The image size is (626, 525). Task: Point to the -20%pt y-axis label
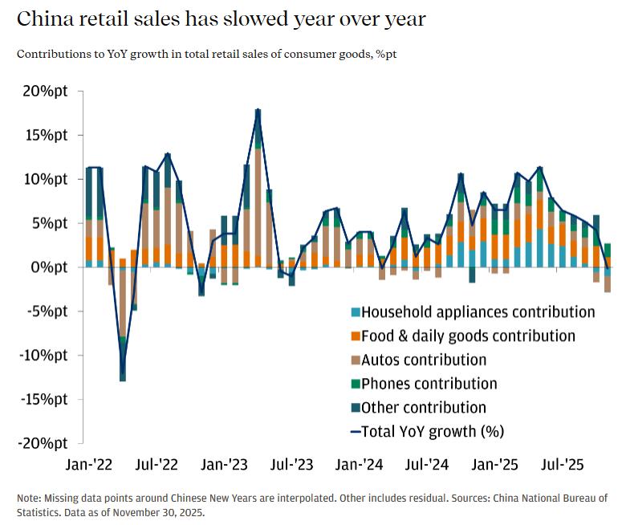click(44, 443)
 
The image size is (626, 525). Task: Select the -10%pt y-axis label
click(44, 355)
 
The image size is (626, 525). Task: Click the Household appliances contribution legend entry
click(478, 312)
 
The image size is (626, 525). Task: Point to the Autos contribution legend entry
click(423, 360)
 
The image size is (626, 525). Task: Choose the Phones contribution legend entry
click(429, 384)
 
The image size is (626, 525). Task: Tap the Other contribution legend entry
click(423, 408)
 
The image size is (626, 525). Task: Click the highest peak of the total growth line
click(258, 110)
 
